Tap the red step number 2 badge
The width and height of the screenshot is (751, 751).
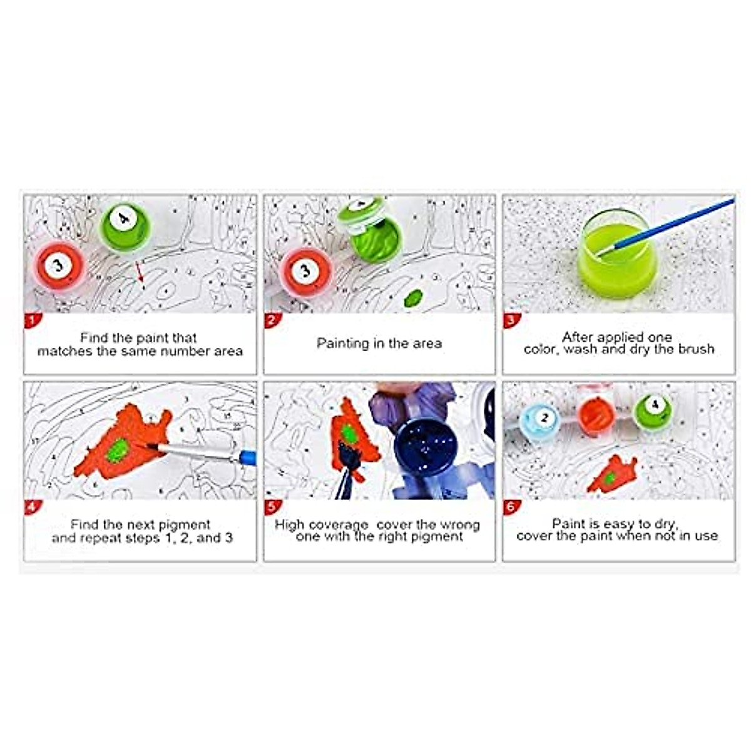tap(271, 321)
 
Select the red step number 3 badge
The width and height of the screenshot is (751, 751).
tap(510, 321)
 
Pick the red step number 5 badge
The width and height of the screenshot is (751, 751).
tap(271, 508)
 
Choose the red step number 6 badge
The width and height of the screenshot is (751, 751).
tap(510, 508)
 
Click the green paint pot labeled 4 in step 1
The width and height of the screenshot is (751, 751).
tap(125, 226)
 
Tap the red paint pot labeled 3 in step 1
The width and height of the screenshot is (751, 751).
tap(58, 267)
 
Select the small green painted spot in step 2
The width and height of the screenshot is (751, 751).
tap(412, 298)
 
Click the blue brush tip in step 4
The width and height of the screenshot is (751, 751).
tap(247, 457)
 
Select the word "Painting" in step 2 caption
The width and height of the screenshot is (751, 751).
tap(343, 344)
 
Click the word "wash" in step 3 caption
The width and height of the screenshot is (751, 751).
tap(580, 349)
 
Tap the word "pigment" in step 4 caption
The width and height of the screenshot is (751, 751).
tap(185, 524)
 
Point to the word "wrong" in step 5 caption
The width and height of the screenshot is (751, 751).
tap(459, 524)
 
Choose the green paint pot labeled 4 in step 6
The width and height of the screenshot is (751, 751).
tap(653, 411)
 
